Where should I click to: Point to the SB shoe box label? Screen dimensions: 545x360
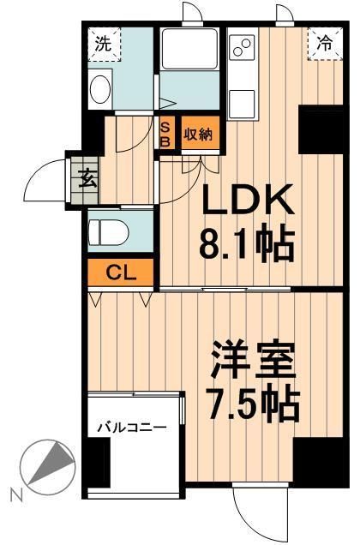(x=166, y=134)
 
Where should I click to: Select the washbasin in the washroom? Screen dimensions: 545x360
(x=99, y=88)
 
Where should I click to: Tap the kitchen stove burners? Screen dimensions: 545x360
(x=242, y=47)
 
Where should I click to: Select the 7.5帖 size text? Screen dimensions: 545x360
(x=255, y=404)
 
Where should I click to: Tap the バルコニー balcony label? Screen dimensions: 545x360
(x=130, y=426)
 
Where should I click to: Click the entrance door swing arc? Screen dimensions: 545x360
(x=47, y=180)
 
